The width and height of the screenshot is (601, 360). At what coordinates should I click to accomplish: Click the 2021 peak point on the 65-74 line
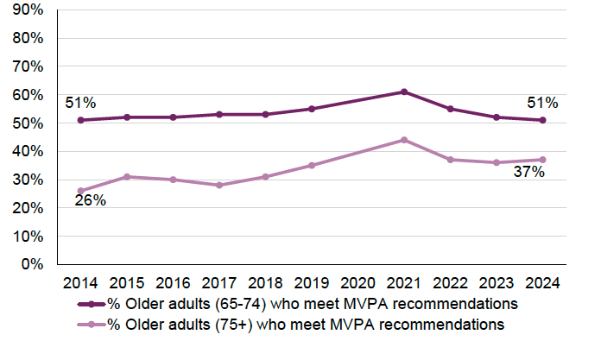pyautogui.click(x=405, y=92)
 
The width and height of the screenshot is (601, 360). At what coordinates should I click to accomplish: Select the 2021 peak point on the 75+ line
pyautogui.click(x=405, y=140)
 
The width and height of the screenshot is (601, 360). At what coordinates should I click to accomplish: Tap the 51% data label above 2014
pyautogui.click(x=80, y=104)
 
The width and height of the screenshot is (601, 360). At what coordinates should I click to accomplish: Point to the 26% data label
pyautogui.click(x=91, y=200)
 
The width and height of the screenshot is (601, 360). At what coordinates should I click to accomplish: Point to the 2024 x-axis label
pyautogui.click(x=542, y=283)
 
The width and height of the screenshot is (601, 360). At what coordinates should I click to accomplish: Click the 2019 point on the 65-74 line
pyautogui.click(x=313, y=109)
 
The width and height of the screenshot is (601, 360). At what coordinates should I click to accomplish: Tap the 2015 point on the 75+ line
pyautogui.click(x=127, y=177)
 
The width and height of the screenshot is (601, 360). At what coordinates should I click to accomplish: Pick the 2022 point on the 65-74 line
pyautogui.click(x=451, y=109)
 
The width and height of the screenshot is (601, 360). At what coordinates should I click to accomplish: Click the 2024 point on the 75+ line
pyautogui.click(x=542, y=160)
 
